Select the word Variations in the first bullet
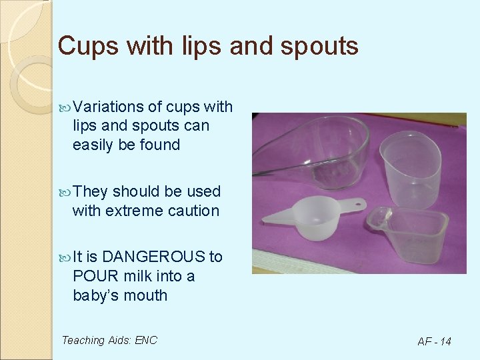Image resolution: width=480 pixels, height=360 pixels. (109, 107)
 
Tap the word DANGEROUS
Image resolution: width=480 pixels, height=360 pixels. (154, 257)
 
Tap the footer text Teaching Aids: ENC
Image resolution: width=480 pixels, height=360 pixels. (109, 340)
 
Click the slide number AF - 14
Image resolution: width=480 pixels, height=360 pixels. (434, 341)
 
